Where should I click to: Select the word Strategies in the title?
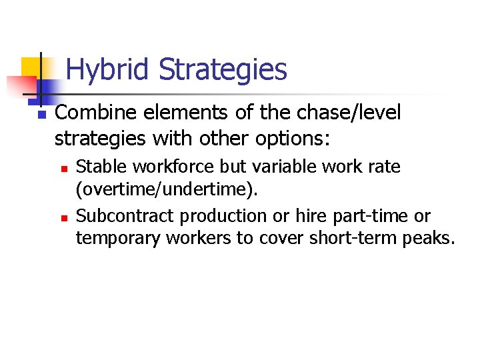coord(223,69)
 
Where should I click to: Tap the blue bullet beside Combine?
coord(41,115)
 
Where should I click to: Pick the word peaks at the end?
coord(431,239)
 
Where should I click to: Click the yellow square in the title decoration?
coord(31,67)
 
